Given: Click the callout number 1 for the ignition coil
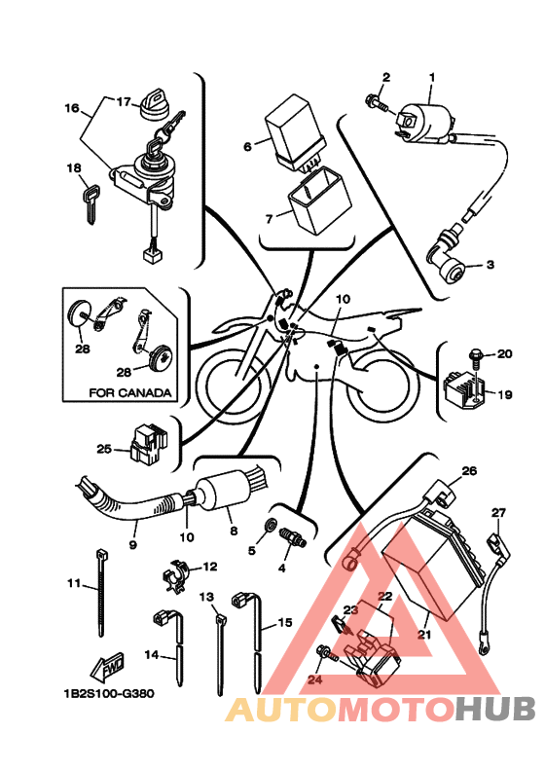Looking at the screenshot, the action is pyautogui.click(x=432, y=77).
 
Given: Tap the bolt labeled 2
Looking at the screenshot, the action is pyautogui.click(x=376, y=103).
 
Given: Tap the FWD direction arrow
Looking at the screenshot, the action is pyautogui.click(x=108, y=666).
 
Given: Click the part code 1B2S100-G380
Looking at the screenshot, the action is pyautogui.click(x=109, y=694).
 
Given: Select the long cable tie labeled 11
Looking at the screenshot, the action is pyautogui.click(x=102, y=593).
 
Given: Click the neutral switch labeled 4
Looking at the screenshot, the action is pyautogui.click(x=293, y=537).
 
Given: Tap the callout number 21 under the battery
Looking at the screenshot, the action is pyautogui.click(x=423, y=635).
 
